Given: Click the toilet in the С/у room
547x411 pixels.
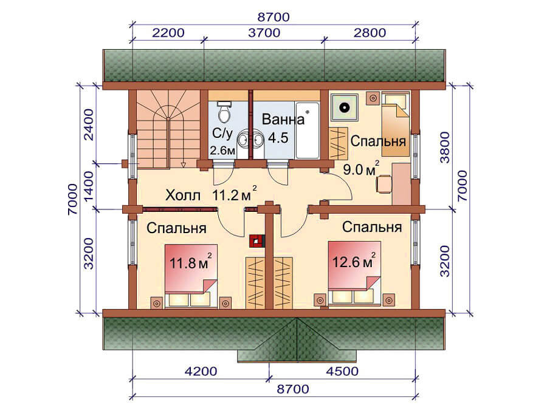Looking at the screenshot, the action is (x=224, y=112).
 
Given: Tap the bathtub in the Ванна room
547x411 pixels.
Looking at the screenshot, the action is (x=308, y=130).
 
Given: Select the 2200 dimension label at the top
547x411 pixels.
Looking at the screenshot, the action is (x=168, y=33).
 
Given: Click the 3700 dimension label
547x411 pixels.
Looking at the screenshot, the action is (x=264, y=33).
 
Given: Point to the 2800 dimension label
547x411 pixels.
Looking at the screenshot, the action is (x=370, y=33).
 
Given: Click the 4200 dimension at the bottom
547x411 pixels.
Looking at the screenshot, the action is (x=201, y=372).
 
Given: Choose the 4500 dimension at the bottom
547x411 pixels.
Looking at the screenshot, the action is (x=342, y=372).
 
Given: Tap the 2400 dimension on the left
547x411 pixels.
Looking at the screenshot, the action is (x=89, y=124).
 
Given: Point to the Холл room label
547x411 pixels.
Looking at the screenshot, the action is (x=183, y=195).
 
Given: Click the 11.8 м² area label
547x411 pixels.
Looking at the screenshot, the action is (x=190, y=262).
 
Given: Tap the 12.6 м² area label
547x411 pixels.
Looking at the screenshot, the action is (x=354, y=261).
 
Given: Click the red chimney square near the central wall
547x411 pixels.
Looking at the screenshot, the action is (x=258, y=240).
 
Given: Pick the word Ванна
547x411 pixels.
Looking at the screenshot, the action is (x=283, y=119).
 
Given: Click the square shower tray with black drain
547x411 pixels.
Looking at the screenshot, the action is (x=345, y=107).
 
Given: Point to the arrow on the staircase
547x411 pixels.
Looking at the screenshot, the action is (x=182, y=164).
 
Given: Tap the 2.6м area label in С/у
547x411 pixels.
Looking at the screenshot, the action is (x=222, y=151).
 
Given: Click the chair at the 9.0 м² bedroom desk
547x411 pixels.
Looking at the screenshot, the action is (x=384, y=184).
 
